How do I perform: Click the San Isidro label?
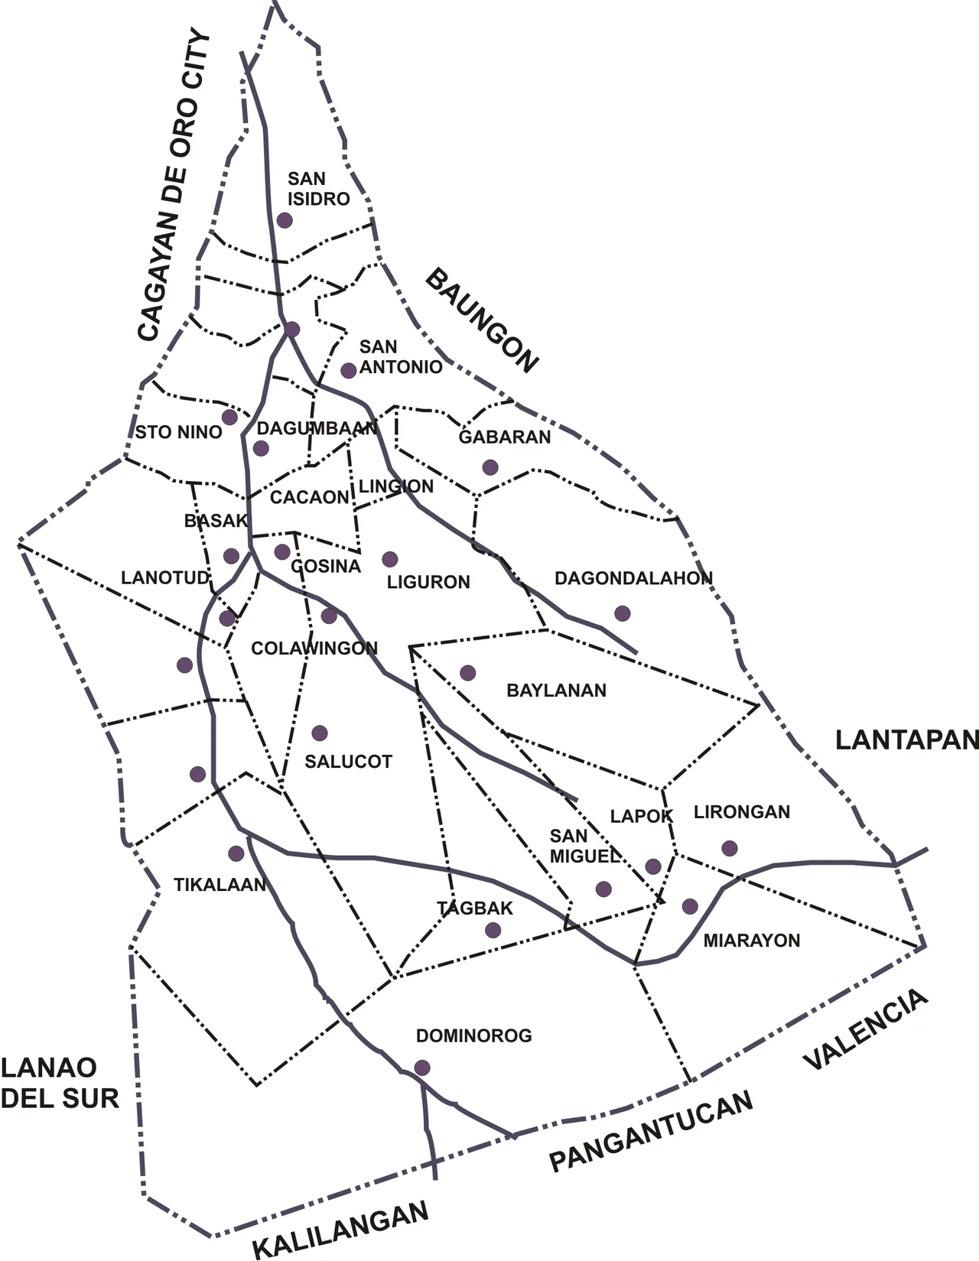click(x=318, y=189)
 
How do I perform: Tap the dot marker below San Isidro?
click(x=285, y=220)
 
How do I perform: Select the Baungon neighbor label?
click(x=482, y=320)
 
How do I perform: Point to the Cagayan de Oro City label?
click(x=174, y=186)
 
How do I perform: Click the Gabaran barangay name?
click(x=505, y=437)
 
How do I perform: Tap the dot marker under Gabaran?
click(x=490, y=467)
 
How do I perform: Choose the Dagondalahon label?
click(x=633, y=578)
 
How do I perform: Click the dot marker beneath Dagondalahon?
click(x=623, y=613)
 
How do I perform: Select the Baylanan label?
click(x=556, y=691)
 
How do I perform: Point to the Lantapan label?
click(x=906, y=740)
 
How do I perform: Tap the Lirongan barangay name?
click(x=742, y=812)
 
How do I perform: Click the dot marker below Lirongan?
click(x=730, y=848)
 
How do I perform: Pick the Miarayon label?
click(x=752, y=941)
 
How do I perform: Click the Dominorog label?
click(x=474, y=1036)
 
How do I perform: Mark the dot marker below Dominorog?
click(x=422, y=1068)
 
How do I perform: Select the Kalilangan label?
click(x=341, y=1230)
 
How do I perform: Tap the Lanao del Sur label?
click(x=60, y=1083)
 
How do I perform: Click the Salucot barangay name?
click(x=348, y=762)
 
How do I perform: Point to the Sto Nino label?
click(x=178, y=432)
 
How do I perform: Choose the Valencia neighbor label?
click(x=866, y=1030)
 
